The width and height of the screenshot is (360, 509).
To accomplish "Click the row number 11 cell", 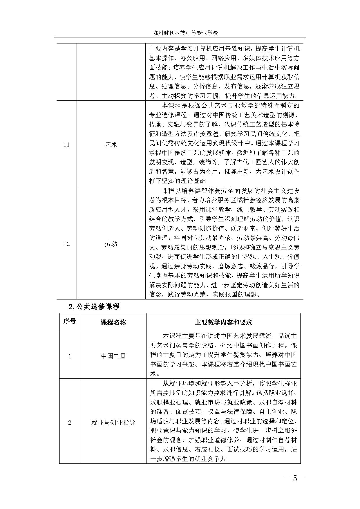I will [x=67, y=145].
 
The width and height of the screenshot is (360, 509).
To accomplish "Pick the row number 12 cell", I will [x=67, y=244].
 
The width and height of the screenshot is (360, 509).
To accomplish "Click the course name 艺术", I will [x=111, y=145].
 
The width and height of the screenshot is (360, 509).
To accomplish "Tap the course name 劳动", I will [x=111, y=244].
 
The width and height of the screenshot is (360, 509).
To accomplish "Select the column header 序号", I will [x=70, y=322].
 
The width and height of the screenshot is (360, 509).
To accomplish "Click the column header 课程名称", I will [x=113, y=322].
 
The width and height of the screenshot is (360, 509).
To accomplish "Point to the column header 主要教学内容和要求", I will [x=223, y=322].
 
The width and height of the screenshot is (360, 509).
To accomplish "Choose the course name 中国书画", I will [x=113, y=356].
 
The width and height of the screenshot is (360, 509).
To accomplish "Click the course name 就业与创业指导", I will [x=113, y=423].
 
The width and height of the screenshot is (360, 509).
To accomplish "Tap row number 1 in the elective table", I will [x=70, y=356].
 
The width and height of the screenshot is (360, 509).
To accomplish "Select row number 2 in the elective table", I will [x=70, y=423].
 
